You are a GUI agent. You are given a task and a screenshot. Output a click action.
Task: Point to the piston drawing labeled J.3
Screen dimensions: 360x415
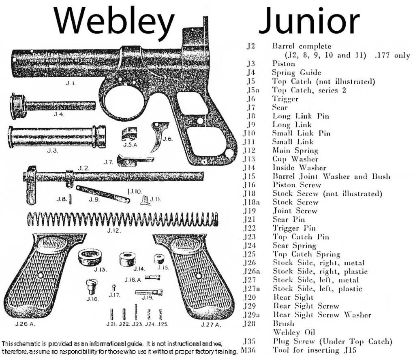point(57,136)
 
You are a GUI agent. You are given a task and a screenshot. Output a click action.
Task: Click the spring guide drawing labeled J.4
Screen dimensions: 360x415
point(53,106)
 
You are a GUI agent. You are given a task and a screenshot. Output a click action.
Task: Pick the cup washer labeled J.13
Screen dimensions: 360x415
point(89,257)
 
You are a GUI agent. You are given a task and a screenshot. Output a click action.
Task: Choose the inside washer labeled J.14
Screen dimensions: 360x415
point(129,258)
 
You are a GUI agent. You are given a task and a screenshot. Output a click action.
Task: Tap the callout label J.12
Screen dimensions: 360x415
point(114,231)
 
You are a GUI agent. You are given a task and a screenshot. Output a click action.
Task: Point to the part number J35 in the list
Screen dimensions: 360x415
point(249,341)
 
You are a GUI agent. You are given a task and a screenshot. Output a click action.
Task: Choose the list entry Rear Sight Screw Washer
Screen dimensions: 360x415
point(322,315)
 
